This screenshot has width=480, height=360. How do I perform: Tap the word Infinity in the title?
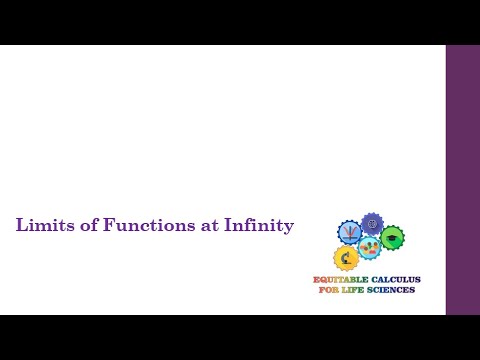(260, 226)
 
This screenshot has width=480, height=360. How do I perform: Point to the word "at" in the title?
(209, 226)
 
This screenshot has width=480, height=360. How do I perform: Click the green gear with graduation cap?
(392, 237)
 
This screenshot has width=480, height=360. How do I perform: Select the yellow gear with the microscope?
(346, 258)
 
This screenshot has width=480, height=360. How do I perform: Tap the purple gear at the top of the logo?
(372, 223)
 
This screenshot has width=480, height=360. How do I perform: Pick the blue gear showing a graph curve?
(349, 232)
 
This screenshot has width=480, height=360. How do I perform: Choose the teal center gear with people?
(370, 247)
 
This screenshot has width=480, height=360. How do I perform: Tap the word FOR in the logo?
(327, 290)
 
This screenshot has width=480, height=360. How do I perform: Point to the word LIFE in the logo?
(352, 290)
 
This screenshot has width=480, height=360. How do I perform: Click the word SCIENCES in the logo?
(391, 290)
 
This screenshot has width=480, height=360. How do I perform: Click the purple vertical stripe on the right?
(462, 180)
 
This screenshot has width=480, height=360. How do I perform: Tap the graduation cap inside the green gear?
(392, 237)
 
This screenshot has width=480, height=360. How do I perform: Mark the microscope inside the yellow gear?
(346, 258)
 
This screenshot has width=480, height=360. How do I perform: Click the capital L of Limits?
(21, 226)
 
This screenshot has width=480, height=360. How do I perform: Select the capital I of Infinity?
(231, 226)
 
